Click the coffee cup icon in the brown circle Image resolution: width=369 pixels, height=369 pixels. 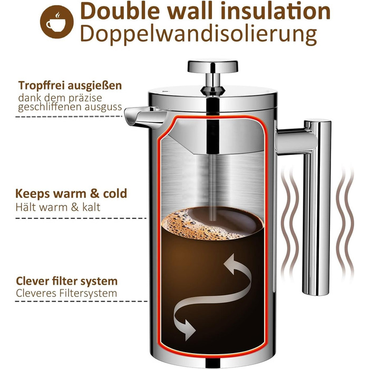click(56, 22)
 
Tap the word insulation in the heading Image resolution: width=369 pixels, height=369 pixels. click(275, 11)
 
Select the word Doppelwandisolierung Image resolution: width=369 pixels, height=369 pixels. click(198, 34)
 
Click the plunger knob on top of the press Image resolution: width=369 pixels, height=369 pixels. click(212, 66)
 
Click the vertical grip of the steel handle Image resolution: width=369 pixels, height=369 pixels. click(317, 208)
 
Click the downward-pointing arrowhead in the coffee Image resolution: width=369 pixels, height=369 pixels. click(189, 329)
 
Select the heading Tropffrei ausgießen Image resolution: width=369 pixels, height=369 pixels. click(70, 85)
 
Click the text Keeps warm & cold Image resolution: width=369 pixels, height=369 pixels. click(71, 193)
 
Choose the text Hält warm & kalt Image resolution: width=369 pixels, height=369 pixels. click(58, 207)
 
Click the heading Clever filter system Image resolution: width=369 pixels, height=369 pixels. click(66, 281)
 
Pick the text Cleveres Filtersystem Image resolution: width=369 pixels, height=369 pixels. click(66, 293)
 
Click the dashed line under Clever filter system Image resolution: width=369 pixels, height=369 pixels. click(81, 301)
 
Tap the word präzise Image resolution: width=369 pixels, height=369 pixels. click(85, 98)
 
